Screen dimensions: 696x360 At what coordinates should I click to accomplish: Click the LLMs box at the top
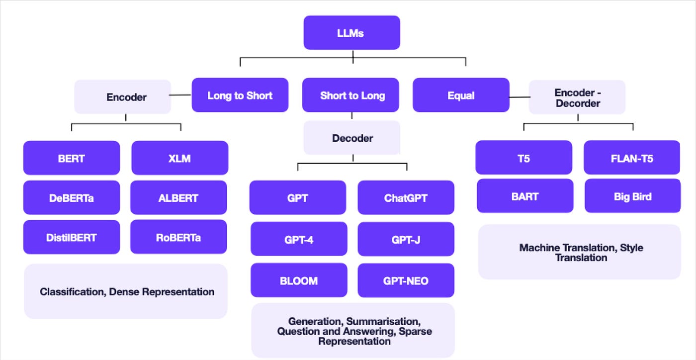pyautogui.click(x=352, y=33)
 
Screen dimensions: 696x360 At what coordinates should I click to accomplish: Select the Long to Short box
pyautogui.click(x=240, y=95)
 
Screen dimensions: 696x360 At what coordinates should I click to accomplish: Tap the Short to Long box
pyautogui.click(x=350, y=95)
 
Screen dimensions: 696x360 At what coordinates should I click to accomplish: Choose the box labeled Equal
pyautogui.click(x=461, y=95)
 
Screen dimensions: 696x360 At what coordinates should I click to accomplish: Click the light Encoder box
pyautogui.click(x=123, y=96)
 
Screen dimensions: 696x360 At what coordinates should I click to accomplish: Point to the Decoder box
pyautogui.click(x=352, y=138)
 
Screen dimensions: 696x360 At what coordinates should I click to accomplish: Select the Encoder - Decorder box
pyautogui.click(x=577, y=97)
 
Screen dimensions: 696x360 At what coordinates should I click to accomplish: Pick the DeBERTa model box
pyautogui.click(x=72, y=197)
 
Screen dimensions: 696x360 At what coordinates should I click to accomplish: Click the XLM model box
pyautogui.click(x=180, y=158)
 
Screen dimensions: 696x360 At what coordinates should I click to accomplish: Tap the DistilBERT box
pyautogui.click(x=72, y=237)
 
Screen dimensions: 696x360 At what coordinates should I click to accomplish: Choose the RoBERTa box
pyautogui.click(x=178, y=237)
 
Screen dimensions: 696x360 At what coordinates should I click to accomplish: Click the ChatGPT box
pyautogui.click(x=406, y=197)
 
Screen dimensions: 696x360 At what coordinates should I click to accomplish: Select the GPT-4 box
pyautogui.click(x=299, y=239)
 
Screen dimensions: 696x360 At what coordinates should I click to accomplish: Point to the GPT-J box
pyautogui.click(x=406, y=239)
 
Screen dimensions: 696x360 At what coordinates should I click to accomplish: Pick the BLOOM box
pyautogui.click(x=299, y=280)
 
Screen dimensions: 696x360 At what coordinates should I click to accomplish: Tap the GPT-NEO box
pyautogui.click(x=406, y=280)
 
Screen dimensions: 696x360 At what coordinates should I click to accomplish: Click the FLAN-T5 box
pyautogui.click(x=632, y=157)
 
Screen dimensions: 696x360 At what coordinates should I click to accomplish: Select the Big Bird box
pyautogui.click(x=632, y=196)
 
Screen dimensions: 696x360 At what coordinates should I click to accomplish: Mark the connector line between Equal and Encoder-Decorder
pyautogui.click(x=520, y=97)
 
